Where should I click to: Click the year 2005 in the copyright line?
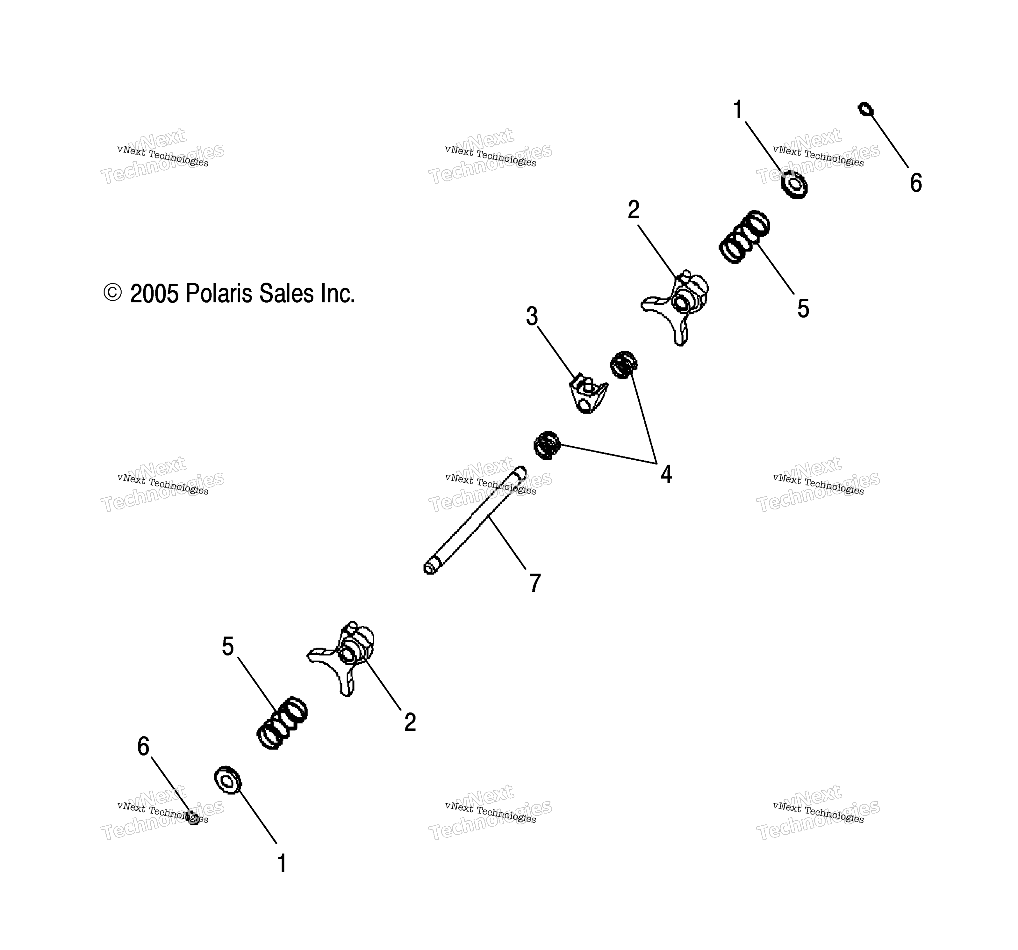coord(155,294)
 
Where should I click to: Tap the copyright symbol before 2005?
coord(113,293)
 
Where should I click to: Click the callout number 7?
coord(535,583)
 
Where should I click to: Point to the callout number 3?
coord(532,316)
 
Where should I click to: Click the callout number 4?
coord(666,474)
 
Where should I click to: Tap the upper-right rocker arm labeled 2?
coord(675,306)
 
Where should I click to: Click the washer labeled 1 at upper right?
coord(794,185)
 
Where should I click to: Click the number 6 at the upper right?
coord(916,183)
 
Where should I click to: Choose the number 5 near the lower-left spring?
coord(228,647)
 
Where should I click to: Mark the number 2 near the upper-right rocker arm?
coord(634,209)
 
